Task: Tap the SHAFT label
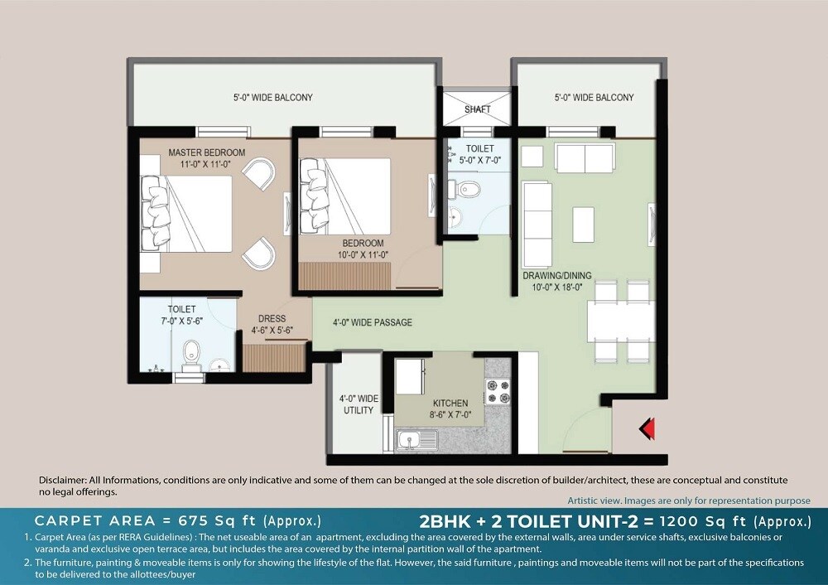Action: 478,109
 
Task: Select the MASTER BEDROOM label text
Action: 206,152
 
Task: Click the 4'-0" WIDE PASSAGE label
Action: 372,322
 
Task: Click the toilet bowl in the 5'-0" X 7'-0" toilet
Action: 468,189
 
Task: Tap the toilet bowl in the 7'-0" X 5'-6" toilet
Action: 192,351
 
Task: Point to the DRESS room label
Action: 272,318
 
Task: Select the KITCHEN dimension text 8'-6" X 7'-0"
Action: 450,416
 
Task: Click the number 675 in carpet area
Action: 198,521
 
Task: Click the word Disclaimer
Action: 63,481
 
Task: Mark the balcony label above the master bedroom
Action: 272,98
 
